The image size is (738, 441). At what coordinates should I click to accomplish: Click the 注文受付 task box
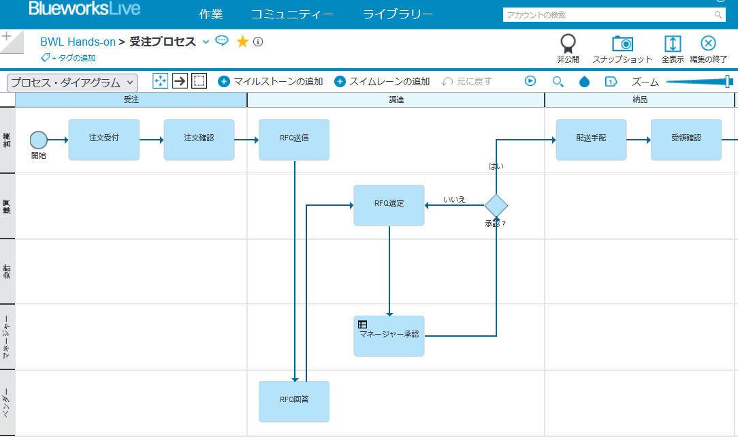(x=103, y=140)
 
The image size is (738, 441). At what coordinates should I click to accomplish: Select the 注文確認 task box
(x=199, y=140)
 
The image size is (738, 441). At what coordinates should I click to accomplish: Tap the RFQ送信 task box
(x=294, y=140)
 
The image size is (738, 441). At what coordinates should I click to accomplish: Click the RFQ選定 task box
(x=389, y=204)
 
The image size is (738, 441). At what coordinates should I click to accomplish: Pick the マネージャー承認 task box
(x=389, y=336)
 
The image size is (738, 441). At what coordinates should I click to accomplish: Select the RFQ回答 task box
(x=294, y=401)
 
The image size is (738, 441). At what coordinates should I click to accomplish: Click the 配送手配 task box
(x=591, y=140)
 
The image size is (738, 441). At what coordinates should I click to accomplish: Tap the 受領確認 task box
(x=686, y=140)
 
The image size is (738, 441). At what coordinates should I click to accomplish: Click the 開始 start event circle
(x=39, y=140)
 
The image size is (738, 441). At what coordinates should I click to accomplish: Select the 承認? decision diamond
(x=496, y=204)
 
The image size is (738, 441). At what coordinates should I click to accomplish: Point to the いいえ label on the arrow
(x=454, y=199)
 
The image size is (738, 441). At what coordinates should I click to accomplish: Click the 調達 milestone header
(x=396, y=100)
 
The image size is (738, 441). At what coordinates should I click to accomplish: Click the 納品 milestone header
(x=639, y=100)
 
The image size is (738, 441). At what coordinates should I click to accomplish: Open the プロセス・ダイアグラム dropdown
(x=72, y=82)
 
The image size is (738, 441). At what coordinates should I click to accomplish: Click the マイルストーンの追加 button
(x=270, y=81)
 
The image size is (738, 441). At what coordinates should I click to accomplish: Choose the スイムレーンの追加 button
(x=382, y=81)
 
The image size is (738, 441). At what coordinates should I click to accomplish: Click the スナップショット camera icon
(x=622, y=44)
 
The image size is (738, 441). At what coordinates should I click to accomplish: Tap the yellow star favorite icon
(x=242, y=42)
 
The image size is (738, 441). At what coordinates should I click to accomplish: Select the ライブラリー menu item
(x=398, y=14)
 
